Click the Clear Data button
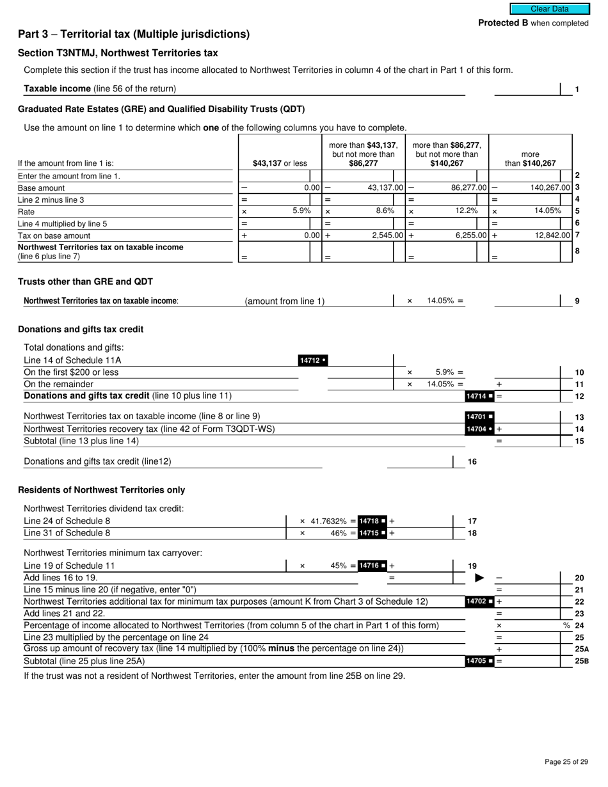pyautogui.click(x=549, y=9)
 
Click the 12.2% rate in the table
pyautogui.click(x=465, y=211)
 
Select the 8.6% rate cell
pyautogui.click(x=385, y=211)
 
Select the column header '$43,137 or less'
pyautogui.click(x=280, y=163)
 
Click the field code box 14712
pyautogui.click(x=313, y=360)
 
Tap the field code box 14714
pyautogui.click(x=480, y=397)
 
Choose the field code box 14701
pyautogui.click(x=480, y=417)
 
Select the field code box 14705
pyautogui.click(x=480, y=661)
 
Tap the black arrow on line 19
pyautogui.click(x=479, y=578)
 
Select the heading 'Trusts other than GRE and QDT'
pyautogui.click(x=85, y=282)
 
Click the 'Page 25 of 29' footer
pyautogui.click(x=566, y=761)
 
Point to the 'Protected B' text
pyautogui.click(x=503, y=23)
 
